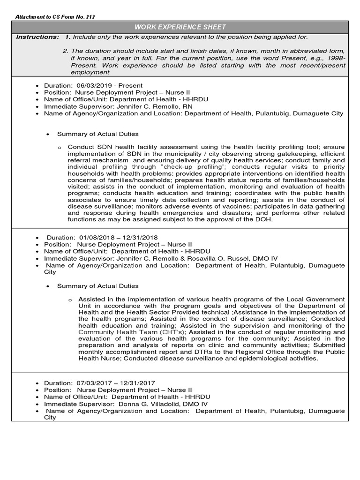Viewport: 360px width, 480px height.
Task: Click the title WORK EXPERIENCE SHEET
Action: point(180,27)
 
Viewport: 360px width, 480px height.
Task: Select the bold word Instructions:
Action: point(37,37)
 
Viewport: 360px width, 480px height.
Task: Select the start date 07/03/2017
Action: point(89,383)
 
